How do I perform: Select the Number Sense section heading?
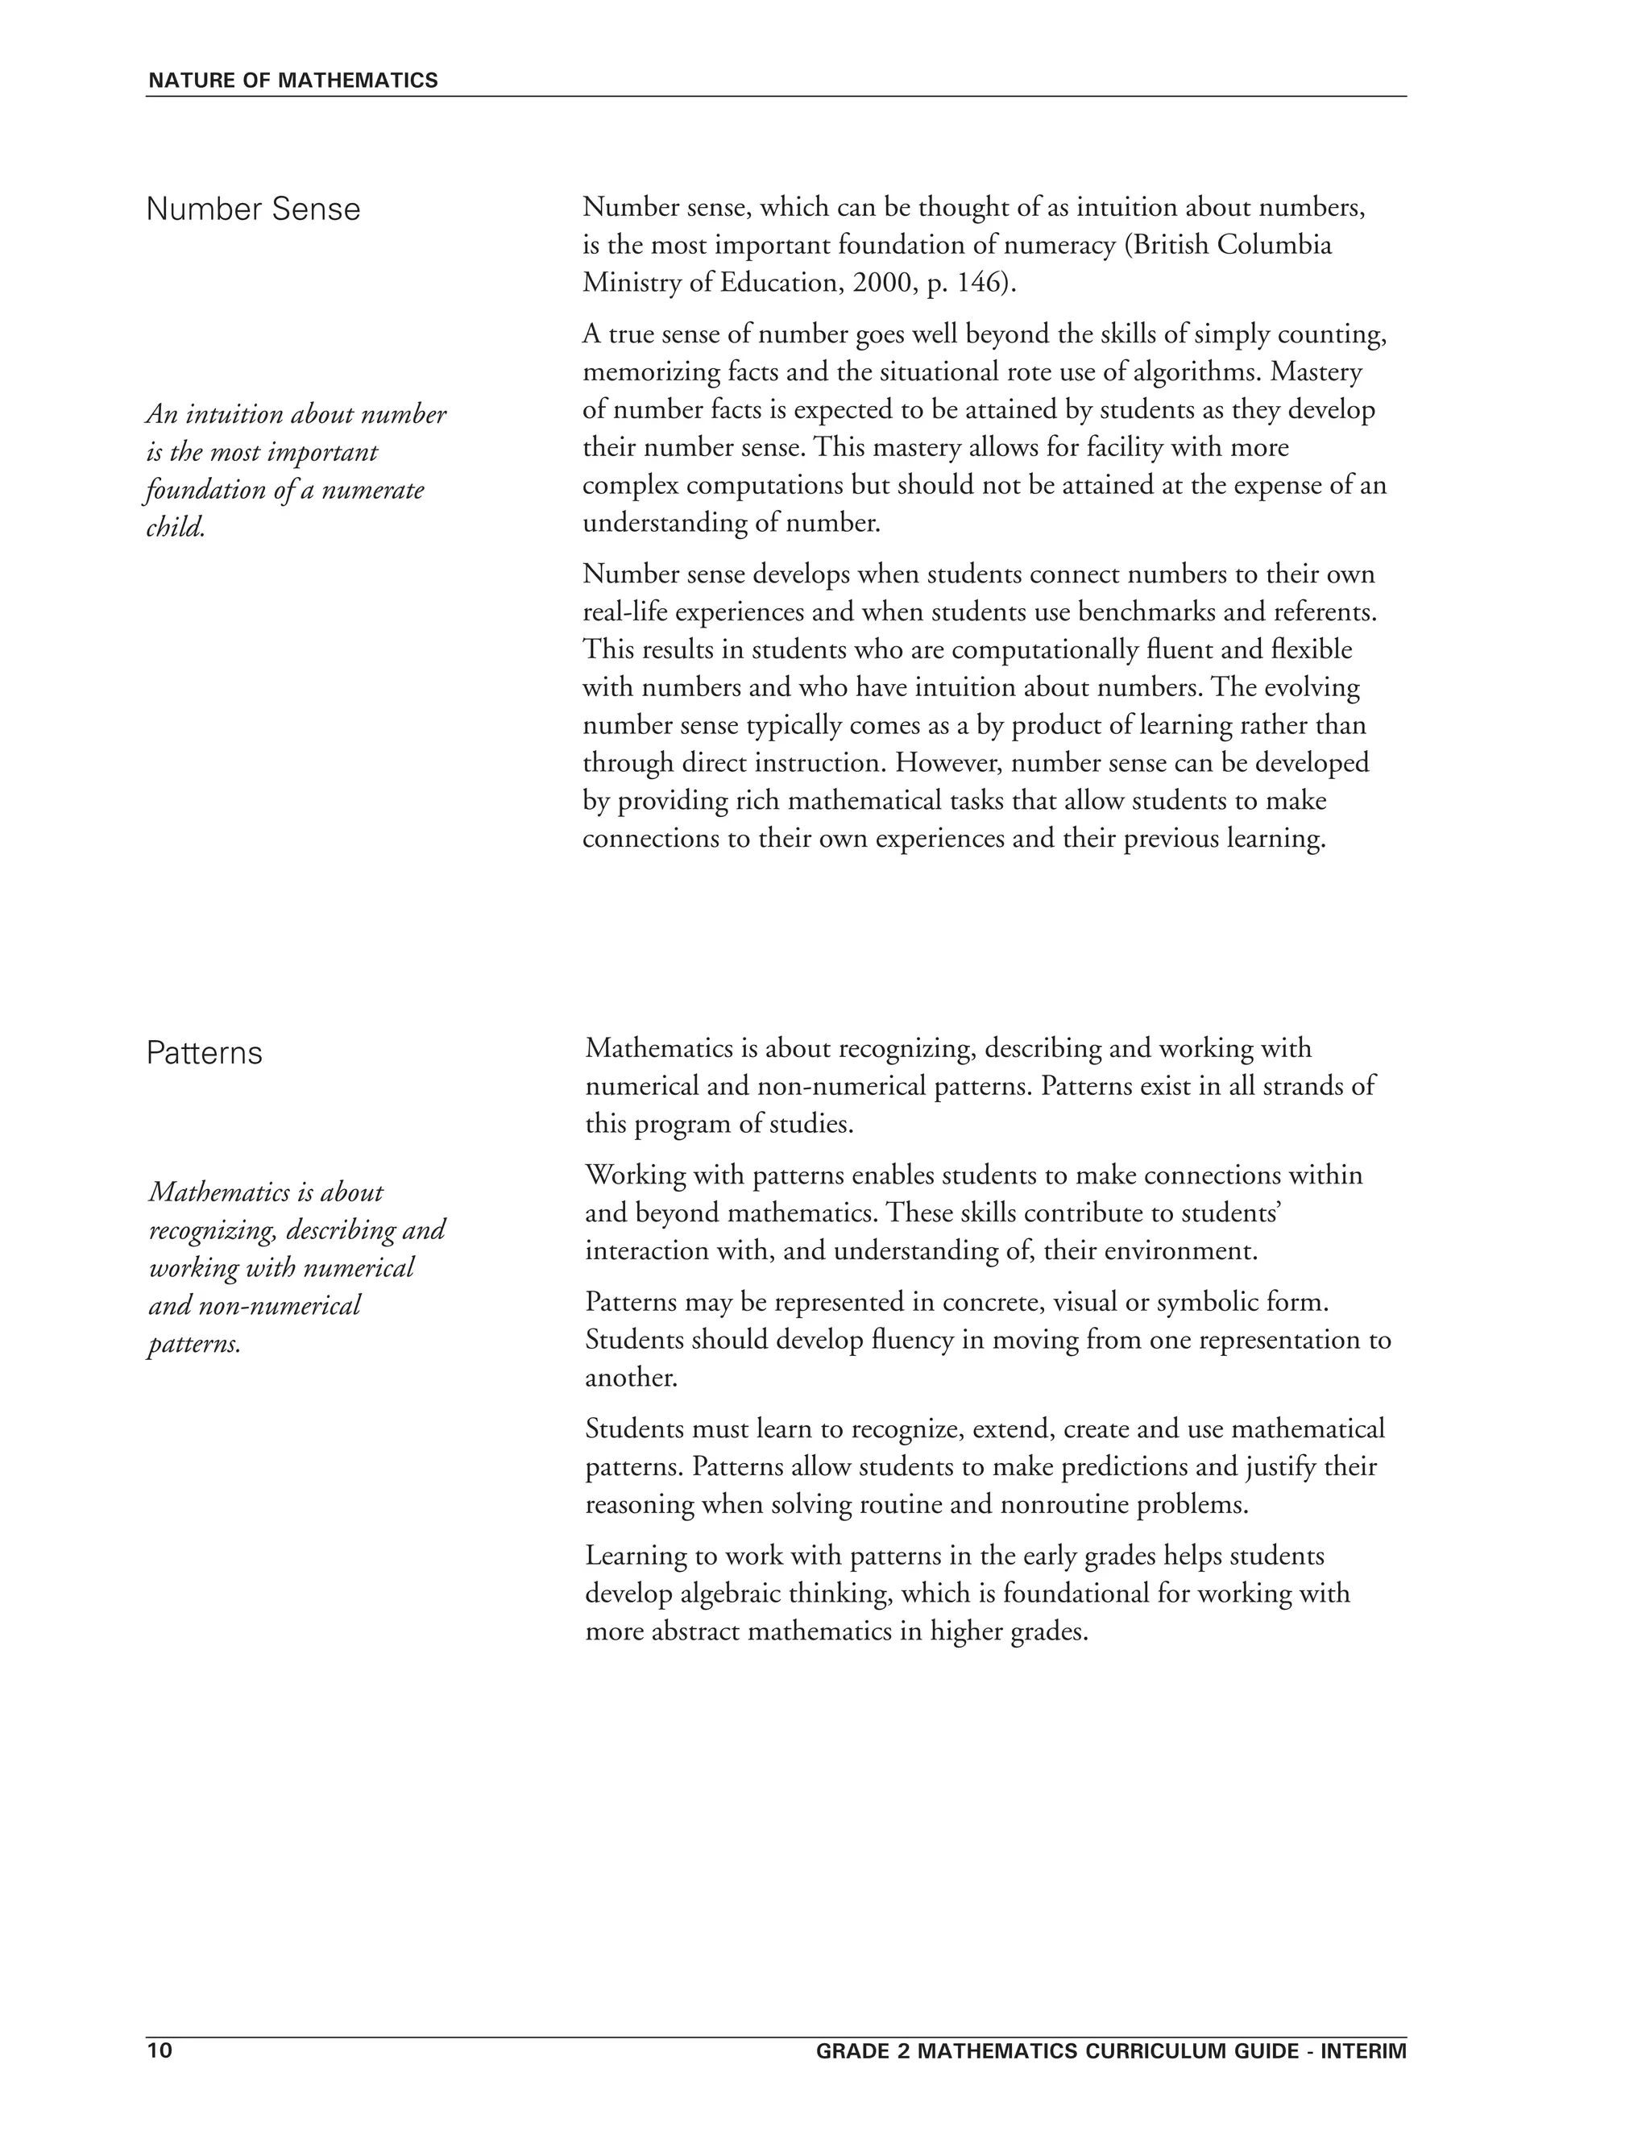coord(252,209)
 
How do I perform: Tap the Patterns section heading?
coord(205,1053)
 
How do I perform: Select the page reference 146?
coord(980,283)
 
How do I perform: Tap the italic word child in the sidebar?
coord(174,528)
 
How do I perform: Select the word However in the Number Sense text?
coord(939,762)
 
